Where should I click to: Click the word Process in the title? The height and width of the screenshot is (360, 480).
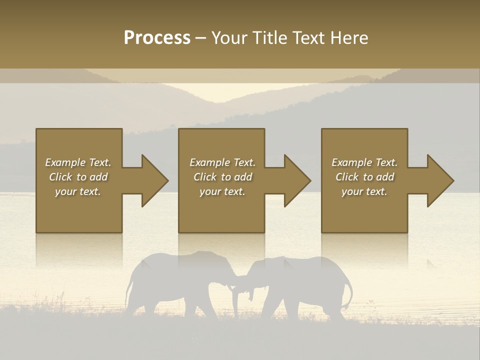157,38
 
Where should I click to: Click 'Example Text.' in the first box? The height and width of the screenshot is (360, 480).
78,162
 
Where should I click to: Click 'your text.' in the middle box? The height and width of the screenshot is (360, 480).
222,191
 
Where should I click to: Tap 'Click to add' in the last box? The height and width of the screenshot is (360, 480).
364,177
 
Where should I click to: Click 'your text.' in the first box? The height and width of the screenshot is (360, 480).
78,191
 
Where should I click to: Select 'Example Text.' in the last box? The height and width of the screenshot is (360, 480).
364,162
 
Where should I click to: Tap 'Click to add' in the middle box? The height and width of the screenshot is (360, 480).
222,177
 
